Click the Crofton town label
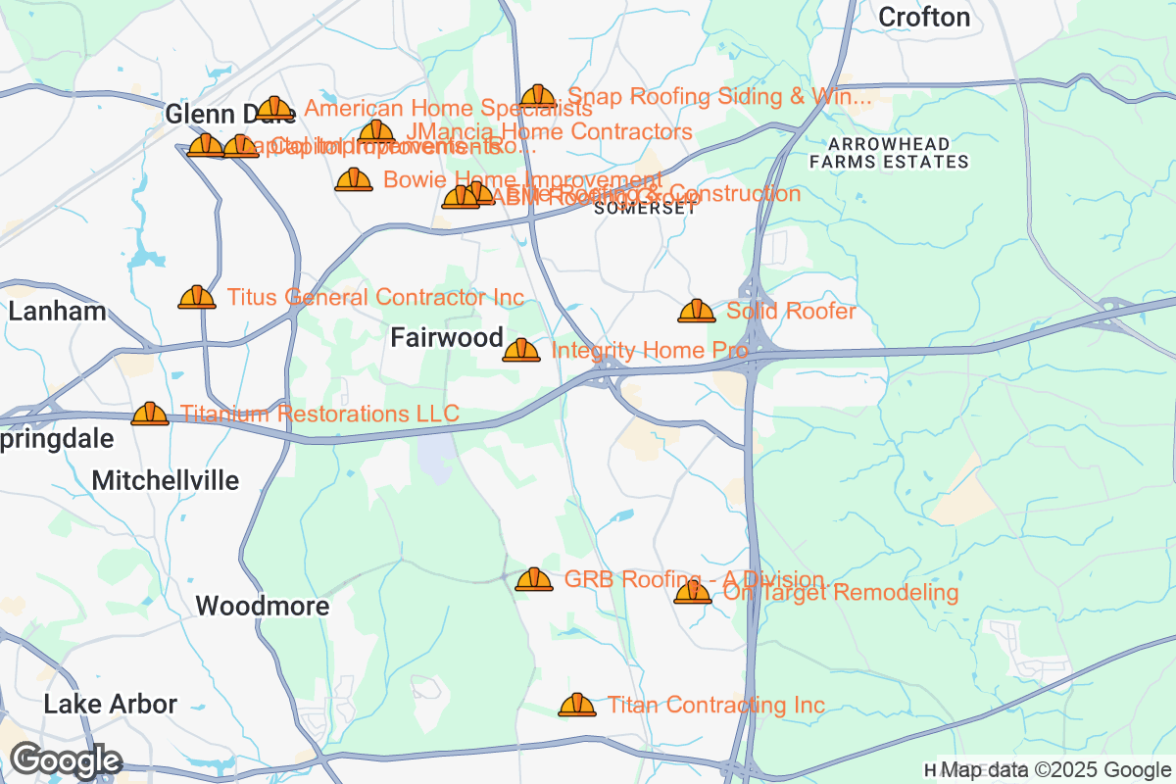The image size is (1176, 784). pos(924,17)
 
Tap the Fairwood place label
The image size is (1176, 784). pos(447,338)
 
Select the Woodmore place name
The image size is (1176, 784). pos(263,607)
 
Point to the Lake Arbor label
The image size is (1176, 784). pos(111,705)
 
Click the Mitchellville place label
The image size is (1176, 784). pos(166,481)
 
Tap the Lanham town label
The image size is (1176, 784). pos(57,313)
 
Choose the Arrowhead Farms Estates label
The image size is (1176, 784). pos(890,153)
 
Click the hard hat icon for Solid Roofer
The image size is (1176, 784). pos(697,312)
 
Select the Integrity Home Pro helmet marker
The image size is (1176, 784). pos(521,350)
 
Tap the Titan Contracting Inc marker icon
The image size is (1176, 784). pos(577,705)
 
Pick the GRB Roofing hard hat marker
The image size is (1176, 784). pos(534,579)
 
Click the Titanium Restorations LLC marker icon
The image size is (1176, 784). pos(150,414)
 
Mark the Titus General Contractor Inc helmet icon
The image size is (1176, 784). pos(197,297)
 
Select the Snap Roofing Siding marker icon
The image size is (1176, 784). pos(538,96)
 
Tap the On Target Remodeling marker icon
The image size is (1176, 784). pos(693,592)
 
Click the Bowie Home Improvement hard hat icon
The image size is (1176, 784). pos(354,179)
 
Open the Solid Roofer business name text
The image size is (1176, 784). pos(791,312)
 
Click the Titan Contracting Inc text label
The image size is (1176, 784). pos(715,706)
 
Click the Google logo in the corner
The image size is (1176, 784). pos(66,760)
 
